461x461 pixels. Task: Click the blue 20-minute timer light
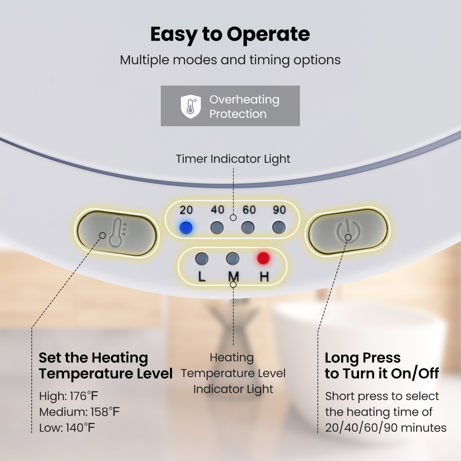point(186,228)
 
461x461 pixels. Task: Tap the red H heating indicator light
point(263,258)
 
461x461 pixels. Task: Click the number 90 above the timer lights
point(279,210)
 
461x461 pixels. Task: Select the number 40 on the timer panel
point(217,210)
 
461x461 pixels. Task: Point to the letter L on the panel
point(202,277)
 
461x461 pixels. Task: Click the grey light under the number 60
point(248,228)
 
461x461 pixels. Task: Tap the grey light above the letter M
point(232,258)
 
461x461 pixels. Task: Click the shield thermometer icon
point(191,106)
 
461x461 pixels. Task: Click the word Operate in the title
point(268,34)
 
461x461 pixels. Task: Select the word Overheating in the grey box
point(244,100)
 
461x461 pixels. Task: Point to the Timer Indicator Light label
point(233,159)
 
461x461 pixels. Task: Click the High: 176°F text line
point(69,396)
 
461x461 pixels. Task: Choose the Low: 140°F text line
point(67,428)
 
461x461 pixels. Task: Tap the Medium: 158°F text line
point(79,412)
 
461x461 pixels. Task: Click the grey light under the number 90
point(279,228)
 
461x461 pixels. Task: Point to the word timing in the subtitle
point(269,60)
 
